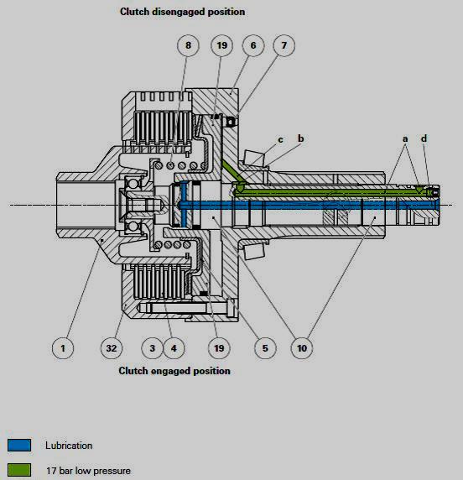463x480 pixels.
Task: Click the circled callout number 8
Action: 188,44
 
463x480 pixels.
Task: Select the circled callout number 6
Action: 252,44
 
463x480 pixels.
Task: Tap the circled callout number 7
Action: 284,44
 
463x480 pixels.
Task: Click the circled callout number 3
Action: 152,344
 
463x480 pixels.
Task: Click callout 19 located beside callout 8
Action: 222,44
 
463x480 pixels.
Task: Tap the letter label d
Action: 423,138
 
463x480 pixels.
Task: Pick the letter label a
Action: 405,138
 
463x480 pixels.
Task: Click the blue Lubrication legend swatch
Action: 19,446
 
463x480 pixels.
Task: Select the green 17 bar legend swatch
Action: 19,470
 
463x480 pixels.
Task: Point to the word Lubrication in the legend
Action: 69,446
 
